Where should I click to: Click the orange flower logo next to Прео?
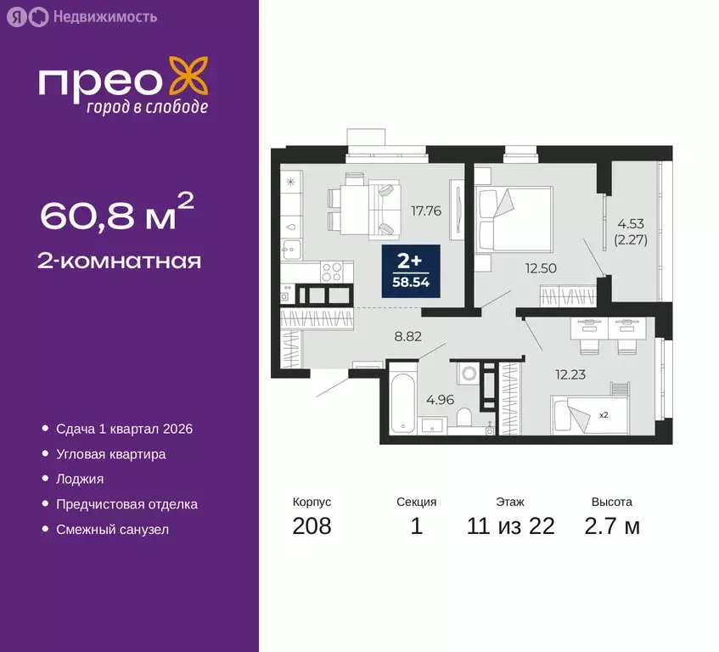(188, 76)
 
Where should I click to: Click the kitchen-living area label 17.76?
(425, 211)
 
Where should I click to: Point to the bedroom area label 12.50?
(541, 268)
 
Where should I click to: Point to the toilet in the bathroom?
(463, 417)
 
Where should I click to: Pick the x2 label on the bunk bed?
(603, 415)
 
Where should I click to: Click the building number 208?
(312, 526)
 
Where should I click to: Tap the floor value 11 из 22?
(510, 526)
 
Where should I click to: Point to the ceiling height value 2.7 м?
(612, 526)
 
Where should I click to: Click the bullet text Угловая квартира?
(110, 454)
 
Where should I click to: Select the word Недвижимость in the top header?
(104, 16)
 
